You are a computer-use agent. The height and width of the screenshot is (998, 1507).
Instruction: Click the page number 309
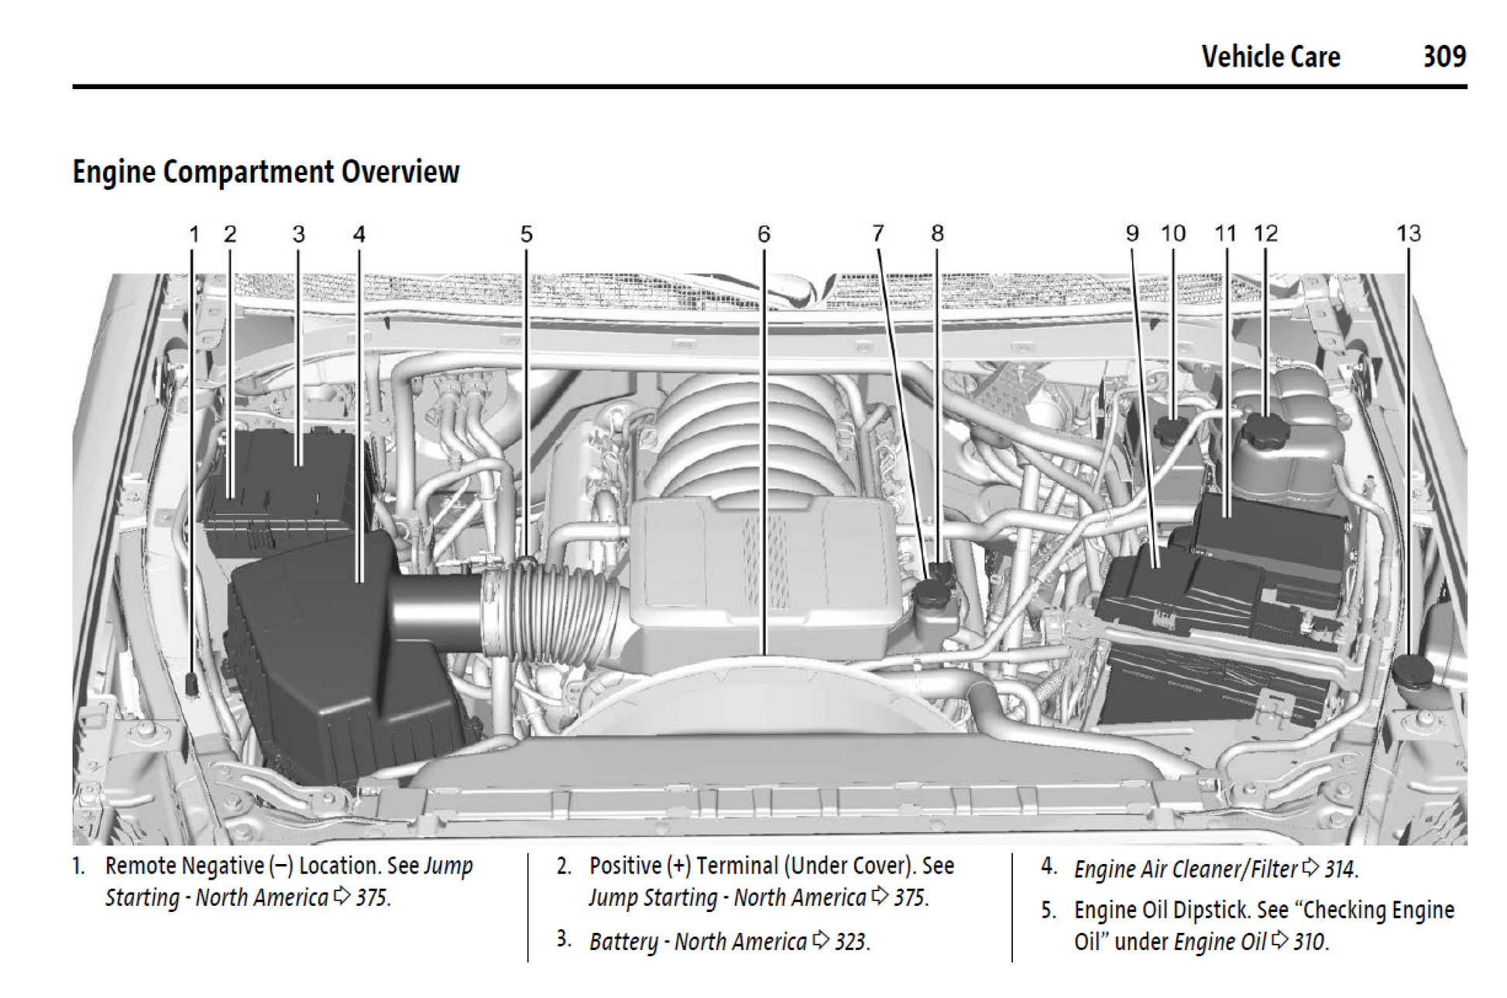[1443, 57]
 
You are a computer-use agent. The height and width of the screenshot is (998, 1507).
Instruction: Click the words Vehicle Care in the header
[1270, 57]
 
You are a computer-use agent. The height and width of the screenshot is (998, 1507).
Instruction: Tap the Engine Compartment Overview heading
[266, 172]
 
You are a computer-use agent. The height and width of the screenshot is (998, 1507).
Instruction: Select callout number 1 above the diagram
[194, 234]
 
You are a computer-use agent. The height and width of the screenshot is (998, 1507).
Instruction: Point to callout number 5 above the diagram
[526, 234]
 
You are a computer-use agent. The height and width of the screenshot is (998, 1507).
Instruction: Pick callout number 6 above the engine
[764, 234]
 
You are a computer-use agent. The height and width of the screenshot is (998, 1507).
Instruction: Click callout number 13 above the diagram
[1408, 233]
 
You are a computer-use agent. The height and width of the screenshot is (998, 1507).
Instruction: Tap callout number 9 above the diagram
[1131, 233]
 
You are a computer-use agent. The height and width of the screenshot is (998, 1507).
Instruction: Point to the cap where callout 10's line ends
[1172, 428]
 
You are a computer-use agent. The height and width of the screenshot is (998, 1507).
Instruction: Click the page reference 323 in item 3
[850, 941]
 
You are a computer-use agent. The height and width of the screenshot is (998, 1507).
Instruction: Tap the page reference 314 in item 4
[1340, 869]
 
